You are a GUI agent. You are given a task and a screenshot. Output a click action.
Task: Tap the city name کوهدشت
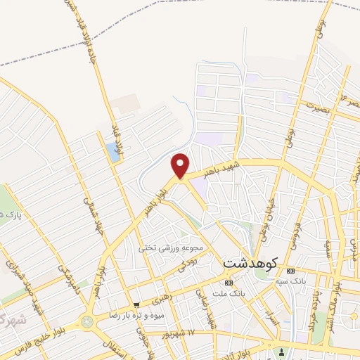pyautogui.click(x=251, y=262)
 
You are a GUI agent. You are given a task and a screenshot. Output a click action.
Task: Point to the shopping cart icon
pyautogui.click(x=136, y=304)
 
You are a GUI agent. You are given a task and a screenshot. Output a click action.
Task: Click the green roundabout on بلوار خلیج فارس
pyautogui.click(x=88, y=322)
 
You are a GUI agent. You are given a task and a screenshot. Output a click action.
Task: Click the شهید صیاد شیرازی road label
pyautogui.click(x=19, y=278)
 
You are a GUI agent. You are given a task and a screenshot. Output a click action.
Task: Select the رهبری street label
pyautogui.click(x=160, y=298)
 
